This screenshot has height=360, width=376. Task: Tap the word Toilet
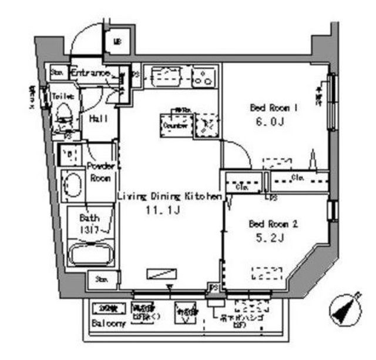click(x=63, y=96)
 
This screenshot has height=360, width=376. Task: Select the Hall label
click(x=98, y=118)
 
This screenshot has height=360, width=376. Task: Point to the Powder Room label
click(x=100, y=172)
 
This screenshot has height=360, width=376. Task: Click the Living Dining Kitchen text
click(x=169, y=196)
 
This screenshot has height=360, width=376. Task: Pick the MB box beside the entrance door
click(x=117, y=41)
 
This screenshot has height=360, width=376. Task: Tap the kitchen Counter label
click(x=174, y=126)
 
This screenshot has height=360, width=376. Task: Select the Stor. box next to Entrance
click(x=58, y=72)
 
